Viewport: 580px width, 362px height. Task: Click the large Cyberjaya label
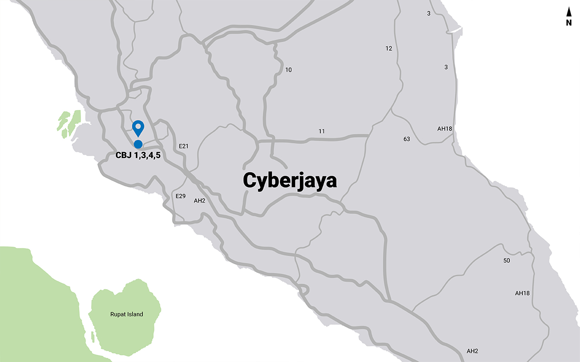click(290, 180)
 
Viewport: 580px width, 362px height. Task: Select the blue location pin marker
click(138, 128)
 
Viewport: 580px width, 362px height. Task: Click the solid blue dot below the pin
click(138, 144)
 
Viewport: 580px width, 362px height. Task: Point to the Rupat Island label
click(126, 314)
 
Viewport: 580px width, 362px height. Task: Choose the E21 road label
click(184, 146)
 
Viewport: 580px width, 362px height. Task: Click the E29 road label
click(181, 196)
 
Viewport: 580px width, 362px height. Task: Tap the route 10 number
click(289, 70)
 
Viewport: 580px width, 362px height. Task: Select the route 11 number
click(322, 131)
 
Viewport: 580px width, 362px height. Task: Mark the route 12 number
click(389, 48)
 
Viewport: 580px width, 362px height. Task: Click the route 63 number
click(406, 139)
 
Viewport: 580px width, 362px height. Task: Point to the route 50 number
click(507, 261)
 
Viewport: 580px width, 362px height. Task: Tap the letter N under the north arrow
click(569, 23)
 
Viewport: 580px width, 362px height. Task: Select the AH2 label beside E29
click(200, 200)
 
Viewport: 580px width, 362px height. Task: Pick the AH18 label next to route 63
click(445, 129)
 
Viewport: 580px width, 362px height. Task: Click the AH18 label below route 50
click(522, 293)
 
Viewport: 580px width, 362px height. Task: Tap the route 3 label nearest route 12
click(429, 14)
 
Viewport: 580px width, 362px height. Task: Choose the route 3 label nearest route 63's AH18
click(446, 67)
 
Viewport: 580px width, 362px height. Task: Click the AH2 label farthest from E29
click(472, 351)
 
